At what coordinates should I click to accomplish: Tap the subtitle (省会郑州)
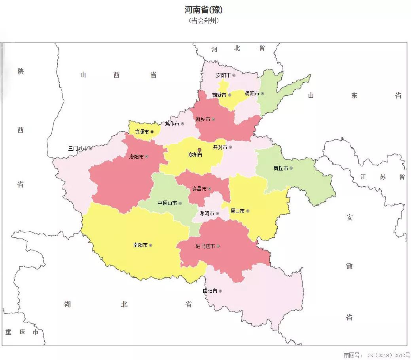204,21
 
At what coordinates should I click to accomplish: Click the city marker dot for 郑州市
199,150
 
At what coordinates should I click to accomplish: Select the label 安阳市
223,75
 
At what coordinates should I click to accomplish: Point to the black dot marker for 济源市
152,132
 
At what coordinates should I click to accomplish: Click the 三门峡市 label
78,149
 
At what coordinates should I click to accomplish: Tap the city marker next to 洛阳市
147,157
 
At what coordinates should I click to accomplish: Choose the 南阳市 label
140,245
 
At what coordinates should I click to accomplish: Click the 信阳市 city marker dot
220,291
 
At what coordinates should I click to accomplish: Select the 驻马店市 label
205,246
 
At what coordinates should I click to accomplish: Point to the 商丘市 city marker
291,168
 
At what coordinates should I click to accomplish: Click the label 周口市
237,211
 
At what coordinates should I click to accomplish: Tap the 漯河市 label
206,213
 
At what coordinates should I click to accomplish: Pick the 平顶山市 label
167,203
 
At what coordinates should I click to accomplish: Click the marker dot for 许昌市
210,189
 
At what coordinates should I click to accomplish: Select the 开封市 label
220,147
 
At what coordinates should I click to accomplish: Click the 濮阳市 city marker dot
262,94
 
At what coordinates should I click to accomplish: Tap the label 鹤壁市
219,95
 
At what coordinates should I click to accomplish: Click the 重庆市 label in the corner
22,332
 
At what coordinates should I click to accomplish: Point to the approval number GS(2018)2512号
377,355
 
